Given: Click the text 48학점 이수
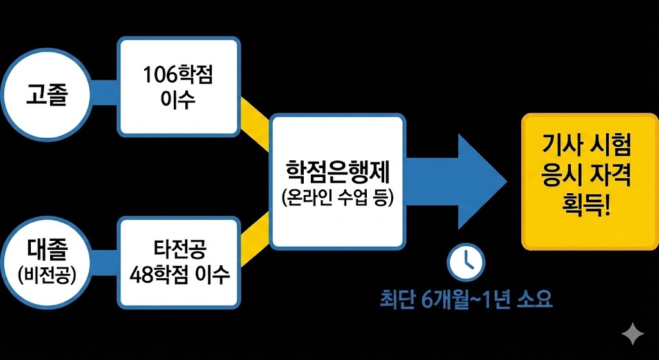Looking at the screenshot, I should click(x=179, y=276).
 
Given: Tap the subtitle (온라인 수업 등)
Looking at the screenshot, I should click(x=337, y=197).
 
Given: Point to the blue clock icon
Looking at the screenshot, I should click(x=466, y=259).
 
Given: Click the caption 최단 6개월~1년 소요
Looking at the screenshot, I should click(x=465, y=300).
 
